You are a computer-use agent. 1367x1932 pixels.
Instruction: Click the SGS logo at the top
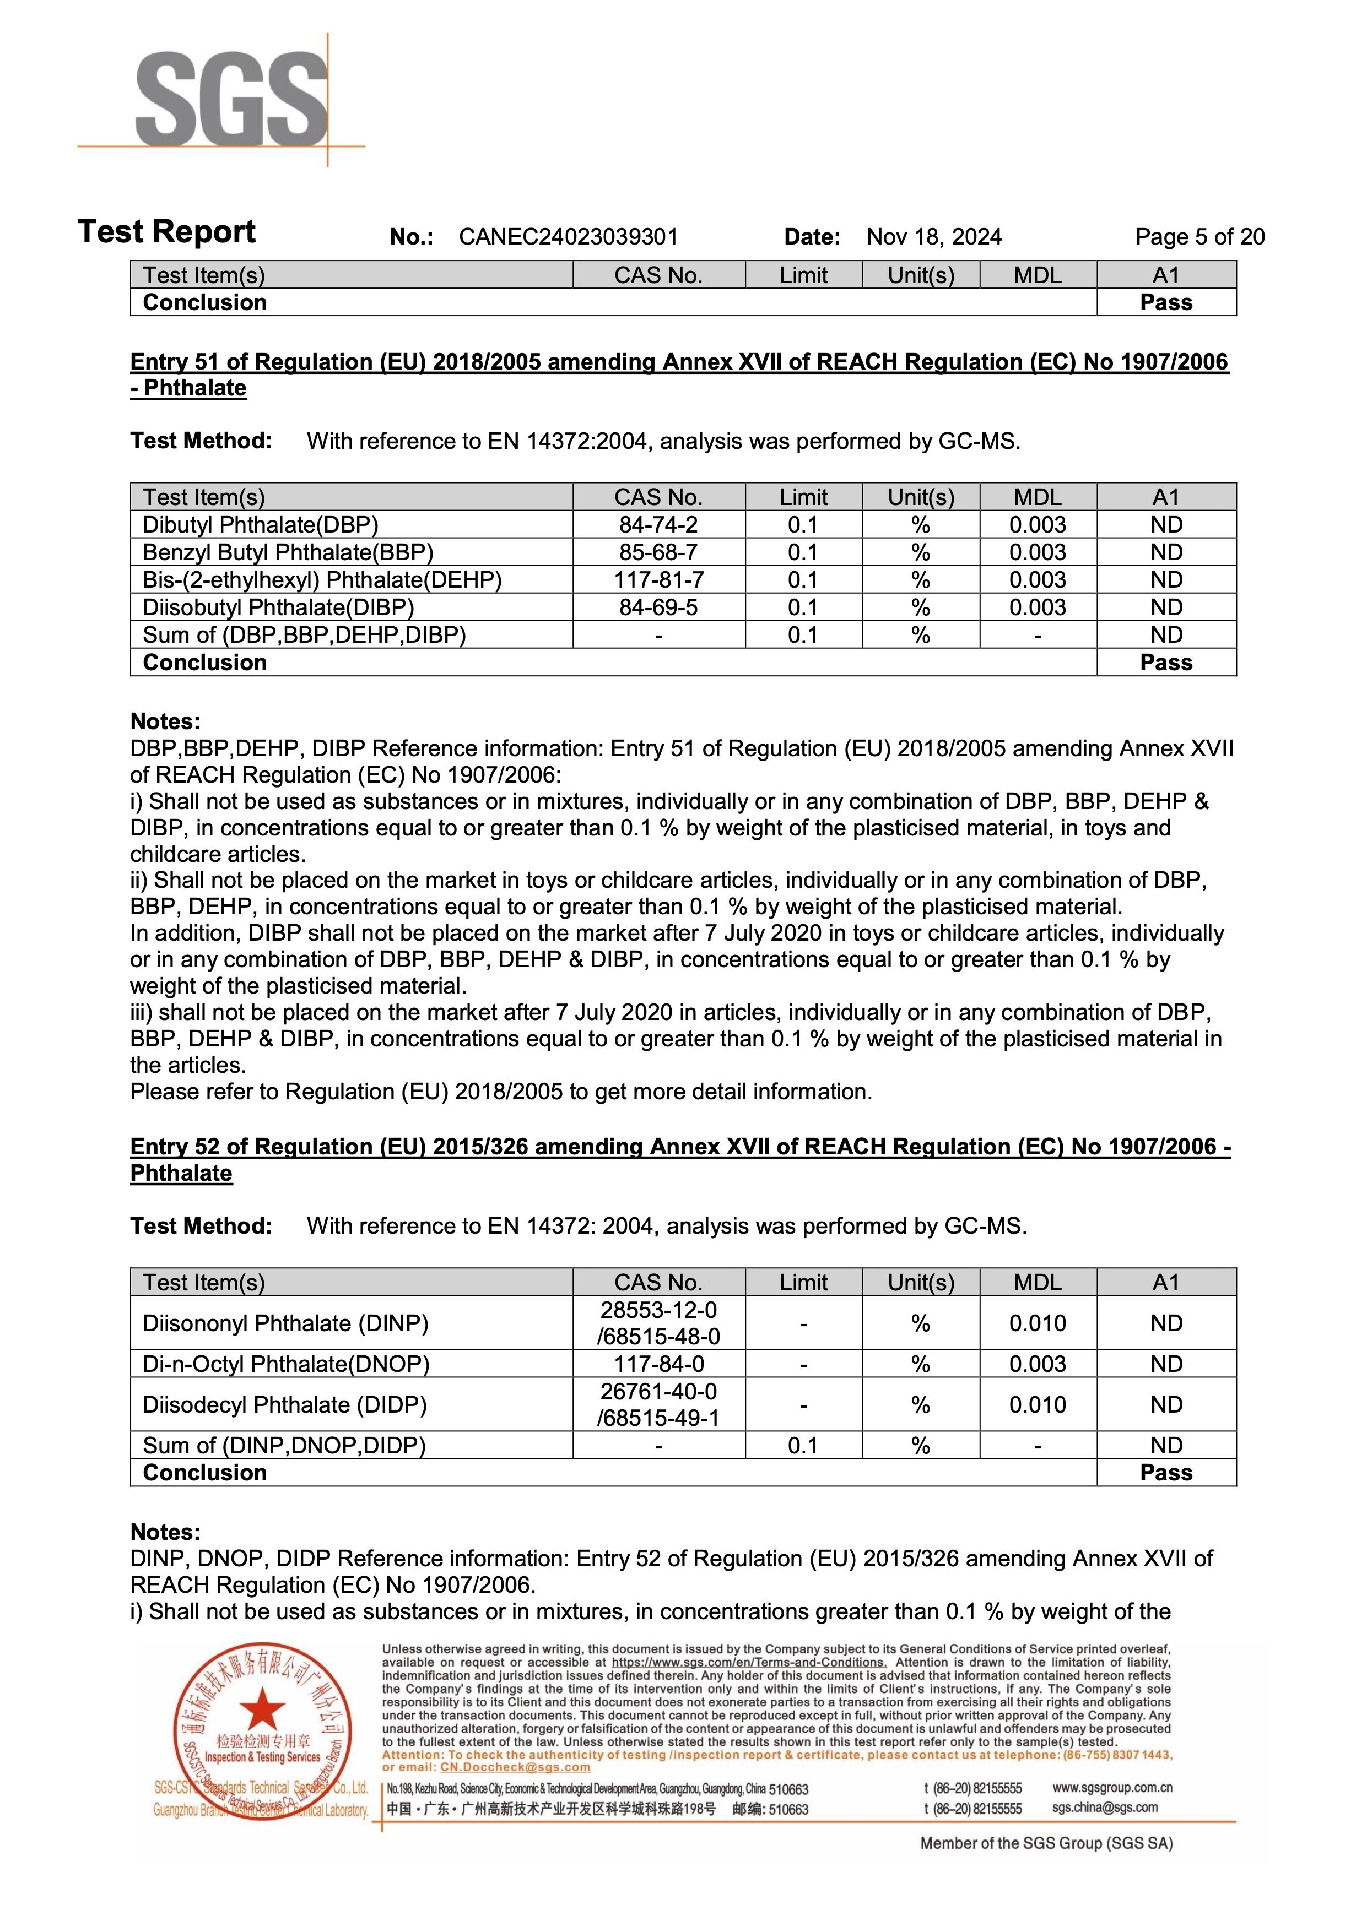point(231,99)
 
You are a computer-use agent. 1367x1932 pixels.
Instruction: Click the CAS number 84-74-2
point(658,525)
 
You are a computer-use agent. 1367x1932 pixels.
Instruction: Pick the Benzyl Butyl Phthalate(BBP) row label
point(288,553)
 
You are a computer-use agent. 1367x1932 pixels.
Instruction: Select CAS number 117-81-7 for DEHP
point(658,580)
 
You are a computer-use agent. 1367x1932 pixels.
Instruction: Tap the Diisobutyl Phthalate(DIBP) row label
point(278,607)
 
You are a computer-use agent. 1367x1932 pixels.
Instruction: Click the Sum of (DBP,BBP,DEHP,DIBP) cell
point(304,636)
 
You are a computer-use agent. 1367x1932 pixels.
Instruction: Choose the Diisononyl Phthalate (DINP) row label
point(285,1323)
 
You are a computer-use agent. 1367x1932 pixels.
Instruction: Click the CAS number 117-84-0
point(658,1364)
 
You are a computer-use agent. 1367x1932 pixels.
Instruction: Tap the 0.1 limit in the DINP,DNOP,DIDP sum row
point(803,1446)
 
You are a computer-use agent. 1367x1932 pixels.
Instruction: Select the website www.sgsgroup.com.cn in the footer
point(1111,1787)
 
